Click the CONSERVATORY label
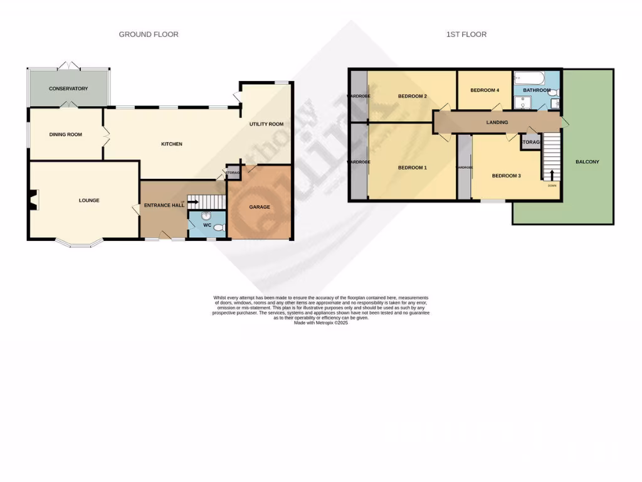pyautogui.click(x=68, y=88)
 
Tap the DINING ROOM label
pyautogui.click(x=66, y=134)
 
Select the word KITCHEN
pyautogui.click(x=172, y=144)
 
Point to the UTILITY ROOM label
pyautogui.click(x=266, y=124)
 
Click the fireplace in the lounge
pyautogui.click(x=32, y=200)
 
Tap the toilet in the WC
pyautogui.click(x=218, y=227)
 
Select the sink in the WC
pyautogui.click(x=206, y=216)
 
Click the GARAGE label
pyautogui.click(x=260, y=207)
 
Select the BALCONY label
pyautogui.click(x=587, y=162)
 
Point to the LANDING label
pyautogui.click(x=497, y=122)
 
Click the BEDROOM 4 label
pyautogui.click(x=485, y=90)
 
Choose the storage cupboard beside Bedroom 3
pyautogui.click(x=530, y=142)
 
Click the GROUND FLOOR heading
pyautogui.click(x=149, y=35)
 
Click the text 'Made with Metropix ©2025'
pyautogui.click(x=320, y=323)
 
